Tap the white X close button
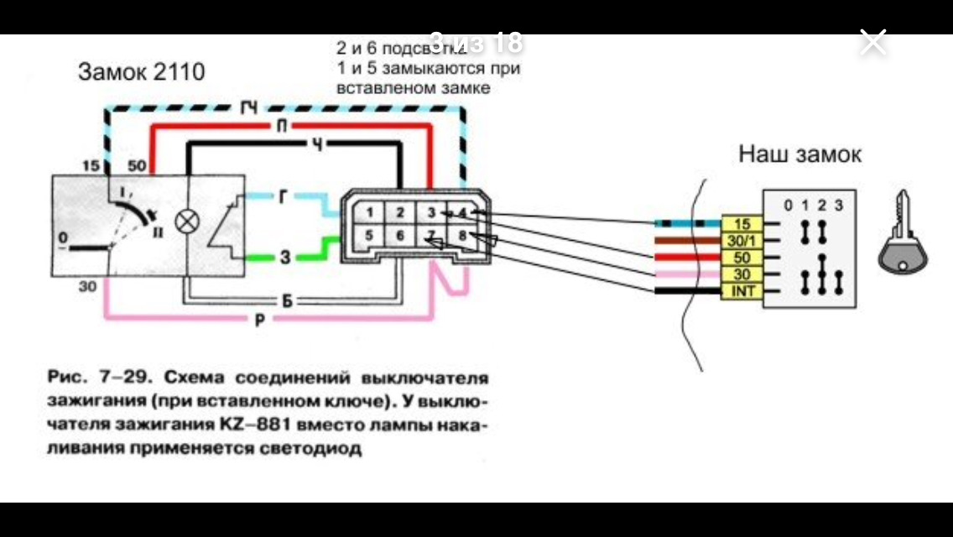873,41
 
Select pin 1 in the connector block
369,212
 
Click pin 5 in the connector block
369,237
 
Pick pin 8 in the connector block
461,237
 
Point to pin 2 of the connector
400,212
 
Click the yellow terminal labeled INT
742,291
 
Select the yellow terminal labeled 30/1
742,241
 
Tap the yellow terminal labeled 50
742,258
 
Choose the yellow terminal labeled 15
742,224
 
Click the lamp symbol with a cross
185,223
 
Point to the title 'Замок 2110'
141,72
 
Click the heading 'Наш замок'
799,155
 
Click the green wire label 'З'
284,258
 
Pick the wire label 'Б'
285,300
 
